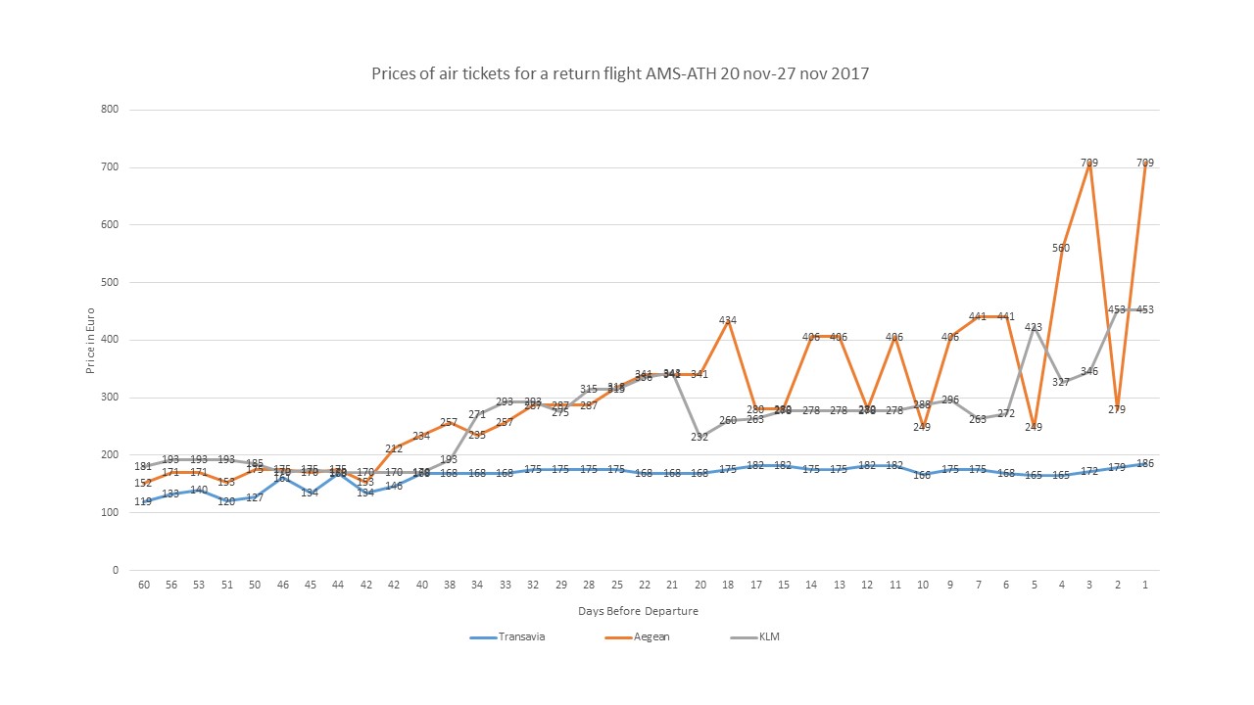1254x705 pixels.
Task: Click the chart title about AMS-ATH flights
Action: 620,73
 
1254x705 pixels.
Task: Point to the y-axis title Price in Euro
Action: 90,340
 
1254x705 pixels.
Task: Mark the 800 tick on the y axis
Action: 110,110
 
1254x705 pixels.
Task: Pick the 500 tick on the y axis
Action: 110,283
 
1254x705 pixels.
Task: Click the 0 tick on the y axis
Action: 115,571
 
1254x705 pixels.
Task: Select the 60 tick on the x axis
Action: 143,585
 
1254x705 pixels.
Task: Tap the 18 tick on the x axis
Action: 728,585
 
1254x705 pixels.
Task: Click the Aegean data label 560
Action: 1061,248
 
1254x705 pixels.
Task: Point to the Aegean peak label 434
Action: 728,320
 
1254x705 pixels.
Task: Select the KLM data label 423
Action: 1034,327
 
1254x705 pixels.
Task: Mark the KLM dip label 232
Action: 699,437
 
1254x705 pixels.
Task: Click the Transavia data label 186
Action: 1144,463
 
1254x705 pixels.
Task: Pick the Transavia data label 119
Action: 143,501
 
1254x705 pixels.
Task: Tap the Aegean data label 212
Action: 394,448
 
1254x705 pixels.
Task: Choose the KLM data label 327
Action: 1061,382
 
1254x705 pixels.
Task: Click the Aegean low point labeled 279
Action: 1117,409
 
